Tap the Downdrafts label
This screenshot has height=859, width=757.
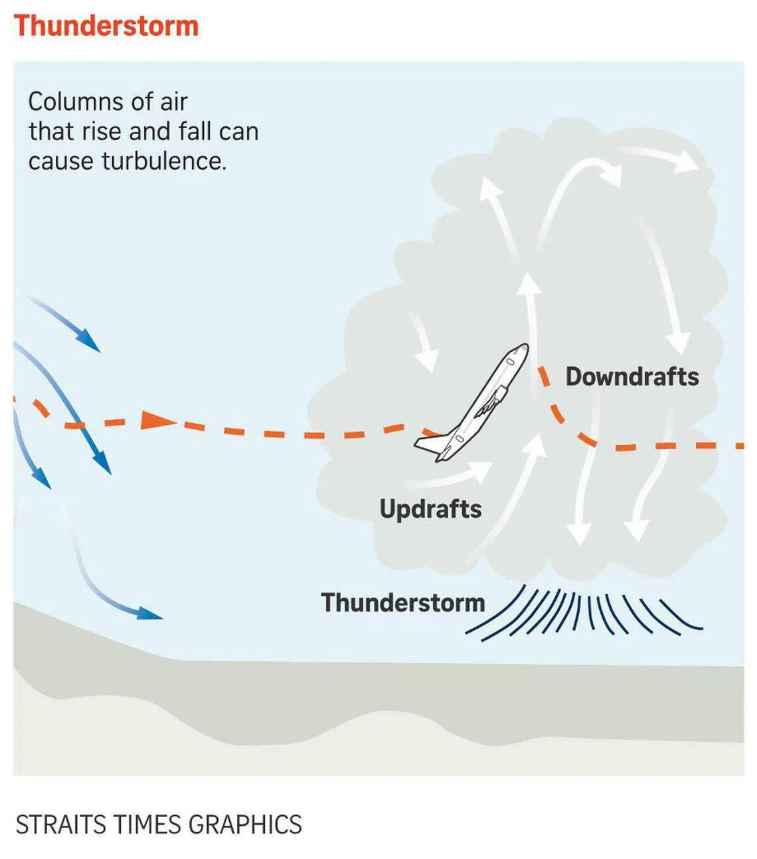click(x=631, y=377)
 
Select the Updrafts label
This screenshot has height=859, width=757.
click(x=430, y=509)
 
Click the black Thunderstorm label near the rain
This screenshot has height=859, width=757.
click(x=403, y=603)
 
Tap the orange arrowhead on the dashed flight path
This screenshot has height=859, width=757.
click(x=157, y=420)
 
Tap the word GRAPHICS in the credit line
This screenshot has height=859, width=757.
click(x=245, y=824)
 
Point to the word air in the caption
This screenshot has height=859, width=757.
click(x=173, y=102)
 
